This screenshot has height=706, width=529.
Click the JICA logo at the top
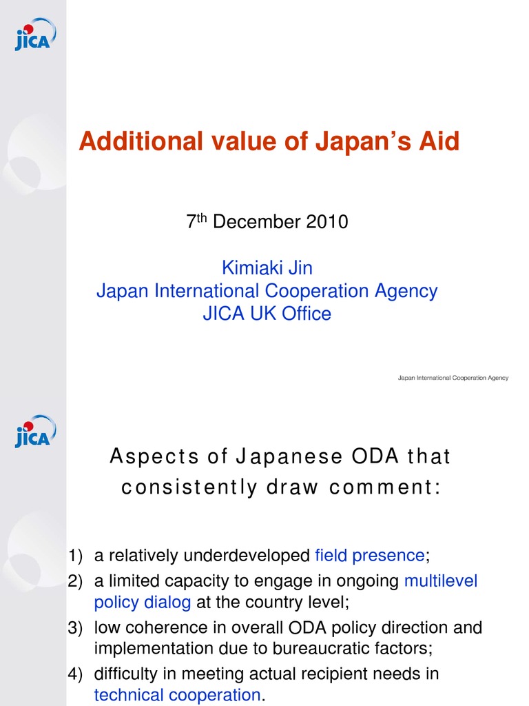[35, 34]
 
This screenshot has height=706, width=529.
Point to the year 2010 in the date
[327, 223]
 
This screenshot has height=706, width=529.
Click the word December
[257, 223]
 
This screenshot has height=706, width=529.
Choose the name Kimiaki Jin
[267, 268]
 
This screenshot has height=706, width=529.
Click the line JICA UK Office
[267, 314]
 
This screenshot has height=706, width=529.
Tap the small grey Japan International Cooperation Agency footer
[453, 378]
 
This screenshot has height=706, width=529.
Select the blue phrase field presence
[370, 556]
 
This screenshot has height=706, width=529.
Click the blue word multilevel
[440, 581]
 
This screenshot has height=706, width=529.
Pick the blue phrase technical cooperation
[177, 695]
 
